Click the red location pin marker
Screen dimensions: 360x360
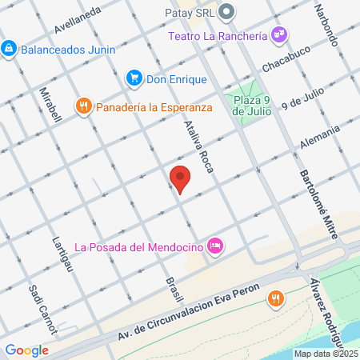(181, 179)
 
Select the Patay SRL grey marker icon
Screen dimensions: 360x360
(227, 12)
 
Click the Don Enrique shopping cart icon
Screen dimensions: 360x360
(134, 78)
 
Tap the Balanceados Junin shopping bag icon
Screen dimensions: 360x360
(8, 49)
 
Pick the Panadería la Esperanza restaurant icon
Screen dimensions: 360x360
(84, 106)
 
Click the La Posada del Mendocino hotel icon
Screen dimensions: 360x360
(214, 246)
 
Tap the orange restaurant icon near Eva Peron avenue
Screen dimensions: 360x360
(276, 298)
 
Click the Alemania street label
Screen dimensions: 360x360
(320, 136)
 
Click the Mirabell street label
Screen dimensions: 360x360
(50, 105)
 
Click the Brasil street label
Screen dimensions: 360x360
(169, 285)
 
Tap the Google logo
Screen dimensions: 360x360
(26, 350)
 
